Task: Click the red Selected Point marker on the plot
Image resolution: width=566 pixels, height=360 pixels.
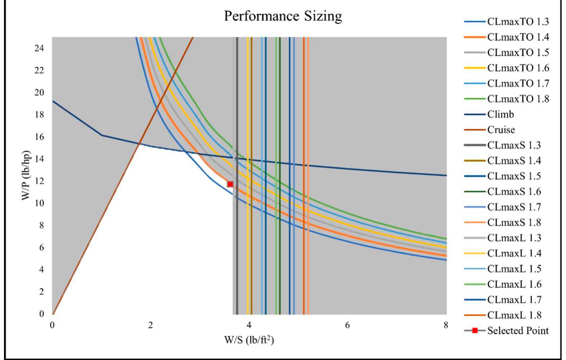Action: point(230,184)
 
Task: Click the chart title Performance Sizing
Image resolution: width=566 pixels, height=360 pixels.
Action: point(283,16)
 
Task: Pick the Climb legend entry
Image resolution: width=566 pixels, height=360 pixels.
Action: point(500,114)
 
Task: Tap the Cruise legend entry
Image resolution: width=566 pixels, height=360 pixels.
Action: point(501,130)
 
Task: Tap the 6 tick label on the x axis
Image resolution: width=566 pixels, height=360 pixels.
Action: point(347,325)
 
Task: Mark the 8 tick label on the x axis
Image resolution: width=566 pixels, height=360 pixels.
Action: point(446,325)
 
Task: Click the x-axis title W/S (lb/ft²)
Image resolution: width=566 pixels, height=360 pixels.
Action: point(249,340)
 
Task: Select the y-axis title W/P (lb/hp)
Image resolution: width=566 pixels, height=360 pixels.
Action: point(26,175)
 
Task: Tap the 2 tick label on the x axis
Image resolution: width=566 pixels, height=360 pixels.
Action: point(151,325)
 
